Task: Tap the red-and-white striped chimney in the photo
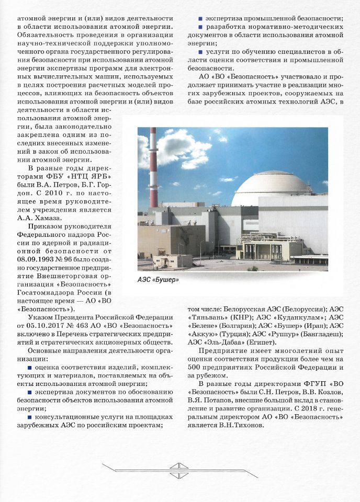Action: (x=153, y=167)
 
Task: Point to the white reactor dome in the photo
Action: (x=271, y=188)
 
